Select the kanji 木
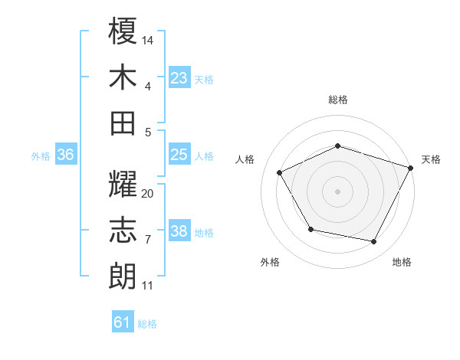pos(123,77)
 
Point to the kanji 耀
pos(123,185)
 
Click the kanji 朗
pos(123,276)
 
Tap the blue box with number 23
pos(179,77)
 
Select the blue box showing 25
pos(179,155)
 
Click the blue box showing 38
pos(179,231)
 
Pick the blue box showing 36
pos(66,155)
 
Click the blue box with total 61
pos(123,322)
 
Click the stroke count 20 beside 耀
pos(148,194)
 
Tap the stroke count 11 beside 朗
pos(148,286)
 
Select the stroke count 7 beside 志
pos(148,240)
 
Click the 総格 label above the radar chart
pos(338,100)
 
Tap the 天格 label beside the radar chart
pos(431,159)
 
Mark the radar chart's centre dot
pos(337,191)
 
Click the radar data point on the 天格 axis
pos(411,167)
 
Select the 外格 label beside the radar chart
pos(270,262)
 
